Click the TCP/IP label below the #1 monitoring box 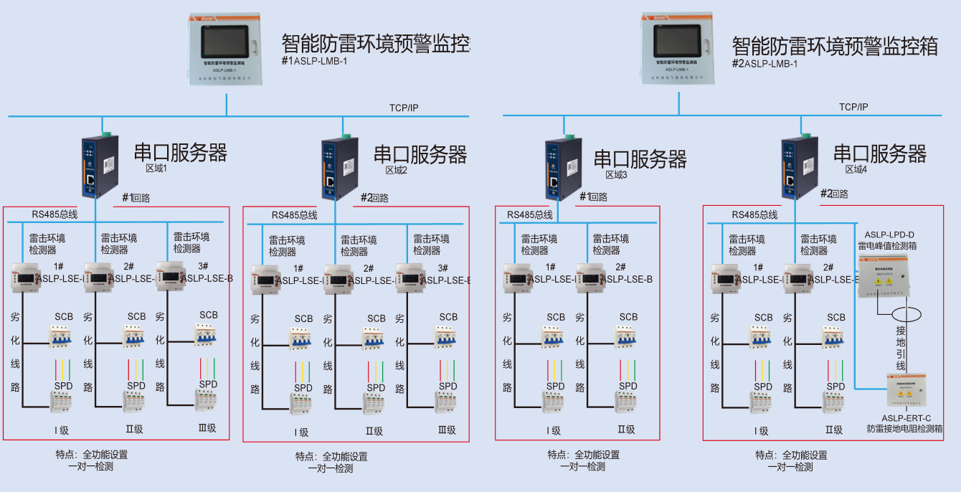pyautogui.click(x=404, y=108)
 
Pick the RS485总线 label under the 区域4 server pyautogui.click(x=754, y=214)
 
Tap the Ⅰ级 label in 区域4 pyautogui.click(x=761, y=431)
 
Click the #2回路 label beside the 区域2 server pyautogui.click(x=374, y=198)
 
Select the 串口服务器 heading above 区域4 pyautogui.click(x=879, y=153)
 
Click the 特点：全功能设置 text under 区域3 pyautogui.click(x=583, y=455)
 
